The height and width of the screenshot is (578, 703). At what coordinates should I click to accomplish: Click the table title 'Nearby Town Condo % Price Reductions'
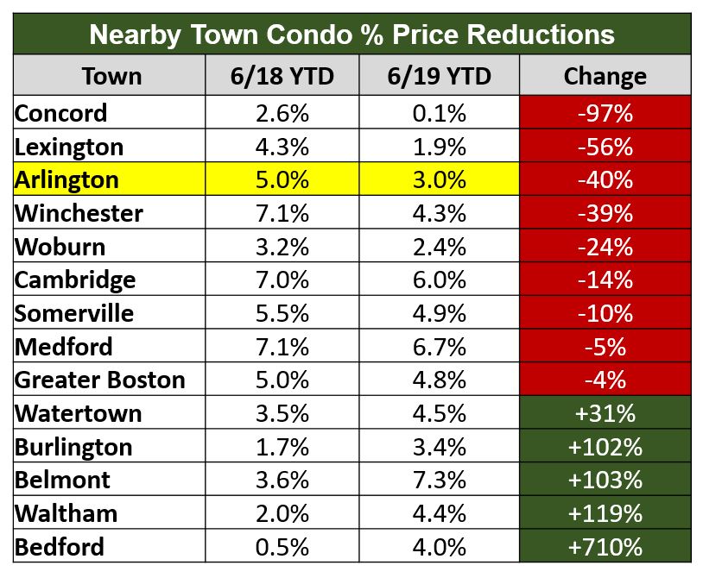pos(351,35)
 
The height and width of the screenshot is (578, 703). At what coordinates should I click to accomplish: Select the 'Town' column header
pos(111,76)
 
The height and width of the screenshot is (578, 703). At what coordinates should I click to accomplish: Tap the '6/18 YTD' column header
pos(282,76)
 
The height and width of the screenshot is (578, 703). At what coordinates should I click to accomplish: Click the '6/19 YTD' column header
pos(440,76)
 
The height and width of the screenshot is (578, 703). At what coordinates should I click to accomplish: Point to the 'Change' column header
pos(605,76)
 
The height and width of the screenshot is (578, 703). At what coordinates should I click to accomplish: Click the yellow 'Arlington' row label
pos(66,179)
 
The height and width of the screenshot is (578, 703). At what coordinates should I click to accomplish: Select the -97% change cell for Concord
pos(605,113)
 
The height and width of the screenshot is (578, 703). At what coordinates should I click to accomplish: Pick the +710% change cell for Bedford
pos(605,547)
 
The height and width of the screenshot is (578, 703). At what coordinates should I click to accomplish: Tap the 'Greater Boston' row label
pos(100,380)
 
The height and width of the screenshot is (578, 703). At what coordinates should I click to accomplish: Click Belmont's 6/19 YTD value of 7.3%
pos(440,481)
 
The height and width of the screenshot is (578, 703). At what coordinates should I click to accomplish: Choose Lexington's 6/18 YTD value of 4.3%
pos(282,147)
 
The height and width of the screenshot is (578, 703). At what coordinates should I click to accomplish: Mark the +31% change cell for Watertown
pos(605,413)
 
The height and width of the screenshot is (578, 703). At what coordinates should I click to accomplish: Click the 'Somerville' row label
pos(74,313)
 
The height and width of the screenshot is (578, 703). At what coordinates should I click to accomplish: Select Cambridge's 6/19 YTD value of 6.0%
pos(440,280)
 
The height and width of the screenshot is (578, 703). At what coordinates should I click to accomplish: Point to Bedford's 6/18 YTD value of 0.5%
pos(282,547)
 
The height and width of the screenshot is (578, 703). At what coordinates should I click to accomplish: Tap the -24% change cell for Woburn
pos(605,247)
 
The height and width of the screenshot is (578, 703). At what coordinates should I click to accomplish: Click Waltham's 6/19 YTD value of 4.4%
pos(440,513)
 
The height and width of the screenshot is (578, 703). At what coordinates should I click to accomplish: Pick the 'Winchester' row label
pos(79,213)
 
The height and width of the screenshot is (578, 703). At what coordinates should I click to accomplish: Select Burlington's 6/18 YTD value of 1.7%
pos(282,447)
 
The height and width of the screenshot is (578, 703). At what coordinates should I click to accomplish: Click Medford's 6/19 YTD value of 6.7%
pos(440,347)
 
